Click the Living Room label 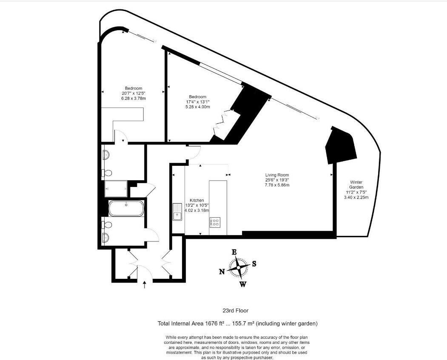coord(277,175)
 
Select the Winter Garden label coord(356,184)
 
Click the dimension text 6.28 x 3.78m coord(133,99)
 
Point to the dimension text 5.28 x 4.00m coord(197,107)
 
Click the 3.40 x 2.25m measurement coord(356,197)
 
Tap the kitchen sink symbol coord(177,212)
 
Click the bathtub coord(126,208)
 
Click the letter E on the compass coord(234,252)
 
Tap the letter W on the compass coord(242,284)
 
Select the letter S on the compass coord(254,264)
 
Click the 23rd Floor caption coord(236,311)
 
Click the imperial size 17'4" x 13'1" coord(197,102)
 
